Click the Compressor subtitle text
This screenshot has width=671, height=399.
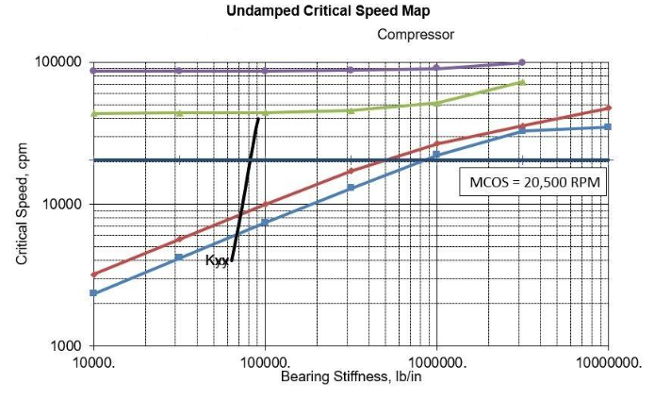click(416, 35)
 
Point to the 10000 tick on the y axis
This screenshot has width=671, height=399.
click(62, 205)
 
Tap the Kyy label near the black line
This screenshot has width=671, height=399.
click(217, 260)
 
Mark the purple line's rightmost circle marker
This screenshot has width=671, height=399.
click(522, 62)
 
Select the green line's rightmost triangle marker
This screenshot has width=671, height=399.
click(522, 83)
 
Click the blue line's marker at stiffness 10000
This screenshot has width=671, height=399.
click(93, 293)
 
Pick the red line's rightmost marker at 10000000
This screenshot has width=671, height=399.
click(608, 108)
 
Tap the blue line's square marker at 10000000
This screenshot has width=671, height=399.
click(608, 127)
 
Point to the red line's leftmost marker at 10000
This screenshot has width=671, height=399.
click(93, 274)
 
